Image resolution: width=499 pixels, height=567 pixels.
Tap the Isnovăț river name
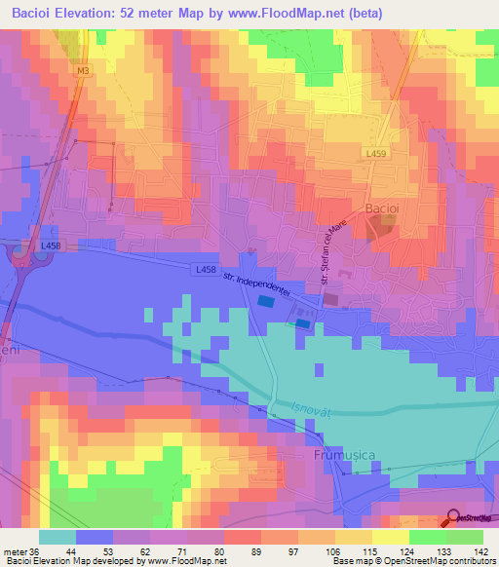coord(311,412)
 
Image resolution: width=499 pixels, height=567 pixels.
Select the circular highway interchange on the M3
coord(19,255)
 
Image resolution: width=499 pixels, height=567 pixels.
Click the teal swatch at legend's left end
coord(57,537)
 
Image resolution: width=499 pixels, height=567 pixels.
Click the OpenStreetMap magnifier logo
coord(453,517)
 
